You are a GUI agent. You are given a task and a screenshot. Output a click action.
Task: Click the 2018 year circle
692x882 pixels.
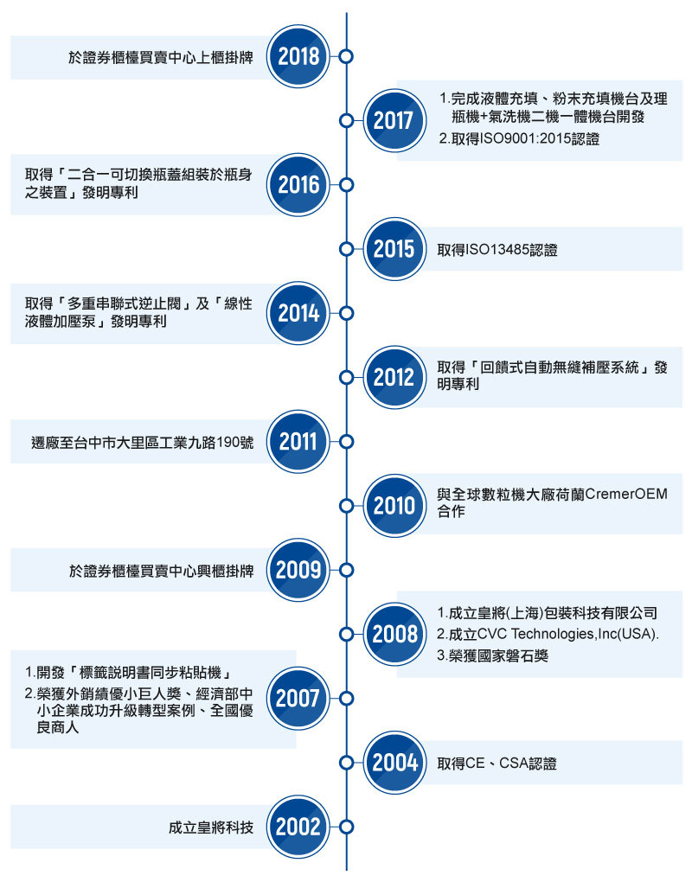[x=298, y=56]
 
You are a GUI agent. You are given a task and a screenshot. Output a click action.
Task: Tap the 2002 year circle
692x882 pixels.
[x=298, y=827]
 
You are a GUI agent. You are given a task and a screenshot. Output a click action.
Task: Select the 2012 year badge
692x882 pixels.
[x=394, y=377]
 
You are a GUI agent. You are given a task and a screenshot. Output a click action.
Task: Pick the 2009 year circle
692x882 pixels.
[x=298, y=570]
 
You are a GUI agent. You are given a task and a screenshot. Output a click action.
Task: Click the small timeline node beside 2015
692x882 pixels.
[x=347, y=249]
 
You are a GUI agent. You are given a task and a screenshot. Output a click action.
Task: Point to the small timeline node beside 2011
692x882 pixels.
[x=347, y=442]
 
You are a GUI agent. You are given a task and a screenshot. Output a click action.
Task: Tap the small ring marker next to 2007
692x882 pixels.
[x=347, y=699]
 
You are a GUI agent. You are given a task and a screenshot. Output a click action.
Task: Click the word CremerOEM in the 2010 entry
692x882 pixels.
[x=626, y=494]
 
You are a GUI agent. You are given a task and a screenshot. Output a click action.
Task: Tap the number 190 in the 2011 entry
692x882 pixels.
[x=227, y=443]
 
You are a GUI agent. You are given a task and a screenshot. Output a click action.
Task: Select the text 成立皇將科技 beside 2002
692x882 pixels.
[x=211, y=828]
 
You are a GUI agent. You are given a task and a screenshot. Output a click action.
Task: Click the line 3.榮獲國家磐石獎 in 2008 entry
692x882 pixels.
[x=493, y=655]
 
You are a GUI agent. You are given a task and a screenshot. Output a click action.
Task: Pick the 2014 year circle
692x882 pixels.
[x=298, y=313]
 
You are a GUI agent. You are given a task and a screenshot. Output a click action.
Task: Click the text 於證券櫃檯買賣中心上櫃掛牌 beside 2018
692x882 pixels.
[x=161, y=57]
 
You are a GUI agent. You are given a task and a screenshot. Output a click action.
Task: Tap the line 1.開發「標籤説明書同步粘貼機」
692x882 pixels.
[x=129, y=672]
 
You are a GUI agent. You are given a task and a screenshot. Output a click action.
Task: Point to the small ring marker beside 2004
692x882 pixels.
[x=347, y=763]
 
